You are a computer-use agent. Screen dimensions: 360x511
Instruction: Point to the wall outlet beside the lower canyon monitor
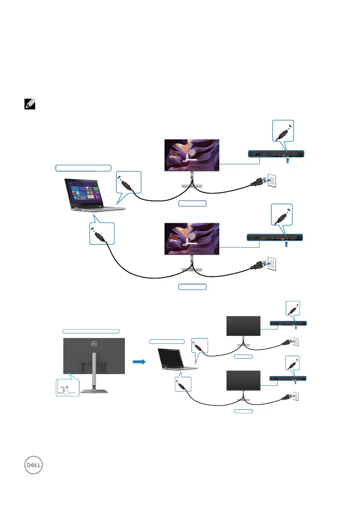pyautogui.click(x=271, y=265)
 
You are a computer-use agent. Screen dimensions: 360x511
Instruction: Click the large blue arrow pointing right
pyautogui.click(x=139, y=362)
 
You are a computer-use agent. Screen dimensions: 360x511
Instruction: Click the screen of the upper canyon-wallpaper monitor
pyautogui.click(x=192, y=155)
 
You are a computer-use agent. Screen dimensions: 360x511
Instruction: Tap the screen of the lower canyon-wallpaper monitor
pyautogui.click(x=192, y=239)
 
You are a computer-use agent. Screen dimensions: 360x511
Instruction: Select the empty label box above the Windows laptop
pyautogui.click(x=83, y=168)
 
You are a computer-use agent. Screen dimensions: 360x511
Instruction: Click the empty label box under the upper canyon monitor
pyautogui.click(x=192, y=204)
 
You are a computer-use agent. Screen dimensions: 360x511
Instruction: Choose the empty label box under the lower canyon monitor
pyautogui.click(x=192, y=286)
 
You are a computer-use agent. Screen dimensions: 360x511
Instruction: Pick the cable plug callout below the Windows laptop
pyautogui.click(x=102, y=233)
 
